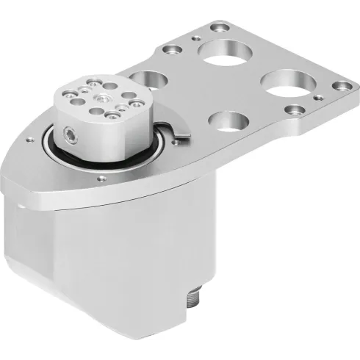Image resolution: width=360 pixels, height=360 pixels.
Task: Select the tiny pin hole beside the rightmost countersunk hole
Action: pyautogui.click(x=319, y=82)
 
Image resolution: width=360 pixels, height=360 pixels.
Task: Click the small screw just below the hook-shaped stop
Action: pyautogui.click(x=182, y=150)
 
